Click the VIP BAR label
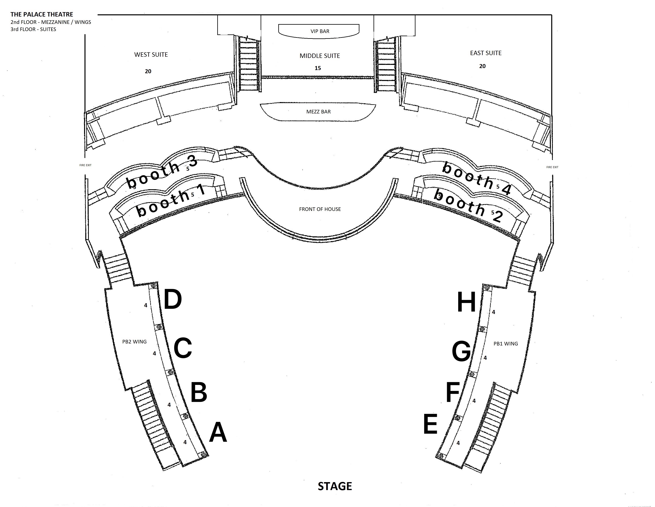(x=320, y=31)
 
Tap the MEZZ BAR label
(x=318, y=112)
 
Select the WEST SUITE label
(x=151, y=55)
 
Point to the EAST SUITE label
(x=486, y=53)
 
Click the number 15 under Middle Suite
(x=318, y=68)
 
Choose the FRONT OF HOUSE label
(x=320, y=209)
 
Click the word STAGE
(x=335, y=486)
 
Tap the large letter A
(x=218, y=433)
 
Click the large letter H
(x=466, y=302)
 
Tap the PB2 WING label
(x=134, y=342)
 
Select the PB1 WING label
(x=506, y=344)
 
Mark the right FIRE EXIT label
(x=552, y=167)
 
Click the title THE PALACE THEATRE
(x=42, y=14)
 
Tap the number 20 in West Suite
(x=148, y=71)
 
